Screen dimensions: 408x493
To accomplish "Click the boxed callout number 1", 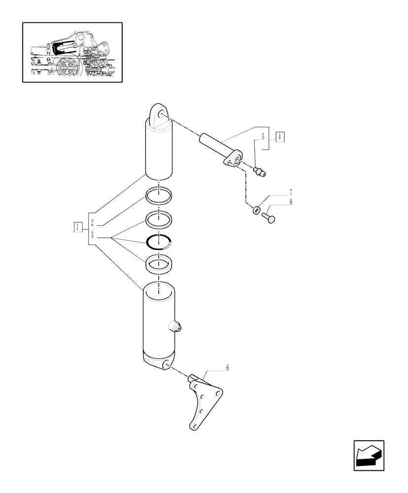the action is point(78,227).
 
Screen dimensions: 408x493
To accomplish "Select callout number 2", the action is point(92,223).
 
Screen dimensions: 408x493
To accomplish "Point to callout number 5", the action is point(263,136).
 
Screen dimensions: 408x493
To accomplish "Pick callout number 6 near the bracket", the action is point(227,368).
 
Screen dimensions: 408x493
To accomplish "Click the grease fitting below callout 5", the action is point(259,172).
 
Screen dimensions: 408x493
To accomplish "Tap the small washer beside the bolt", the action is point(256,211).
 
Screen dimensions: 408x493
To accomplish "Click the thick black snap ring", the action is point(159,242).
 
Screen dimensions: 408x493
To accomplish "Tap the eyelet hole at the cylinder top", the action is point(162,116).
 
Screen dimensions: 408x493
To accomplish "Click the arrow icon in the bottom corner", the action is point(369,455).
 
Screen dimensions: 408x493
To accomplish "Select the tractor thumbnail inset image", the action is point(72,52).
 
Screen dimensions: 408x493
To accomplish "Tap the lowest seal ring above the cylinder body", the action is point(159,264).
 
